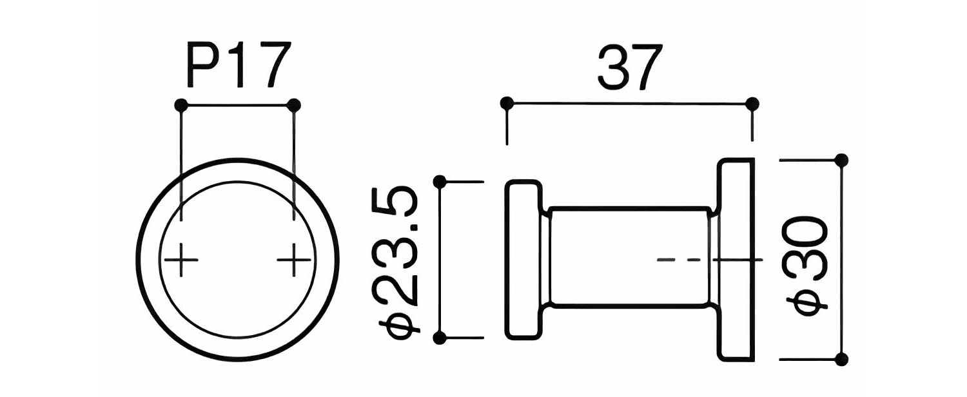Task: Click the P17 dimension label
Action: pyautogui.click(x=238, y=64)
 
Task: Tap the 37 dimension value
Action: pyautogui.click(x=630, y=66)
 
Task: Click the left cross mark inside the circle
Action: pyautogui.click(x=181, y=260)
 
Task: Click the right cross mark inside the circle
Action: pyautogui.click(x=294, y=260)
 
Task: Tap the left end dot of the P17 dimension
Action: pyautogui.click(x=181, y=105)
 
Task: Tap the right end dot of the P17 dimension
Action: pyautogui.click(x=294, y=105)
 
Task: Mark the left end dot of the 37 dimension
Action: pyautogui.click(x=507, y=104)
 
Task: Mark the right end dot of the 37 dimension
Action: pyautogui.click(x=752, y=104)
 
